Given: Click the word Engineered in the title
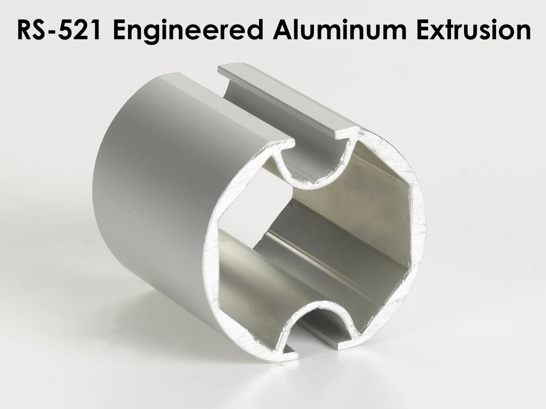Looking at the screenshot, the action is coord(188,30).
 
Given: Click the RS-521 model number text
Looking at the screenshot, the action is coord(59,30).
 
